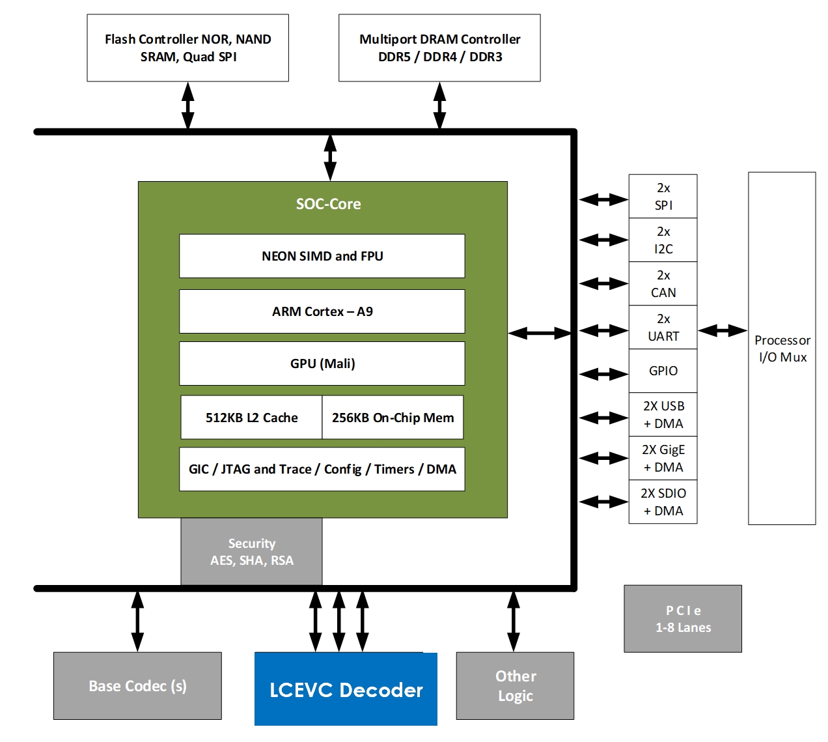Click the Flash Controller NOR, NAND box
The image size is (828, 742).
coord(187,48)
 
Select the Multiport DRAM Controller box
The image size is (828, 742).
coord(439,48)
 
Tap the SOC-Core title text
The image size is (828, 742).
coord(328,204)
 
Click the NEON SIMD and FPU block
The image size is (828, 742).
coord(322,256)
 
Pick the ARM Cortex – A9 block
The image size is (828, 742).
coord(322,311)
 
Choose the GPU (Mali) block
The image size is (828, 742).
coord(322,364)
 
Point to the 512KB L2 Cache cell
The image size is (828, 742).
coord(251,418)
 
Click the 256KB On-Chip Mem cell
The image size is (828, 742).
coord(393,418)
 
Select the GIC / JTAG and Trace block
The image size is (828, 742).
coord(322,469)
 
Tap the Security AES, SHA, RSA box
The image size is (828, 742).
coord(251,552)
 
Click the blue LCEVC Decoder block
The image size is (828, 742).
coord(346,689)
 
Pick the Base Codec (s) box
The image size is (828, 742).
coord(137,686)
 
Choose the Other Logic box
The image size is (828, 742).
coord(515,686)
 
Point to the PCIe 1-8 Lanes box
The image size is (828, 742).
coord(683,619)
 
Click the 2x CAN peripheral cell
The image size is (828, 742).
coord(663,284)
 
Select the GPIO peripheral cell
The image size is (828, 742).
coord(663,371)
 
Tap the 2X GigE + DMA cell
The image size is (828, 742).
coord(663,458)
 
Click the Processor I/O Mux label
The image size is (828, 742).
coord(782,349)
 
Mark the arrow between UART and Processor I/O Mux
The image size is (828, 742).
coord(723,330)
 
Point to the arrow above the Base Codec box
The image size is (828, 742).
coord(137,621)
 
